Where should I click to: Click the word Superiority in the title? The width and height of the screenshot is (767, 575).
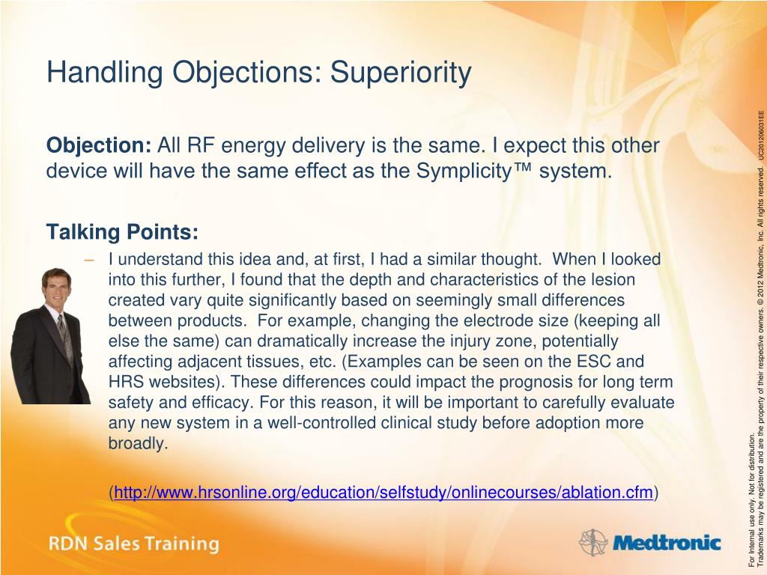coord(401,73)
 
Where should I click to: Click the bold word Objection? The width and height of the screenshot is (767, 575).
coord(100,145)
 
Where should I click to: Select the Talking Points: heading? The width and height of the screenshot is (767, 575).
coord(122,232)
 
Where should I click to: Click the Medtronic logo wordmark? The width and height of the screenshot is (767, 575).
coord(667,543)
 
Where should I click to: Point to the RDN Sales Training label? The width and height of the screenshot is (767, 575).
coord(133,544)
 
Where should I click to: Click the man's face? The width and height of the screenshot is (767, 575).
coord(57,290)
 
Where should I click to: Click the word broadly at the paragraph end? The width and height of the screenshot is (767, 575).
coord(138,443)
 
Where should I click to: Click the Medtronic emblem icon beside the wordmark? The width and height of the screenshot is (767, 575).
coord(593,543)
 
